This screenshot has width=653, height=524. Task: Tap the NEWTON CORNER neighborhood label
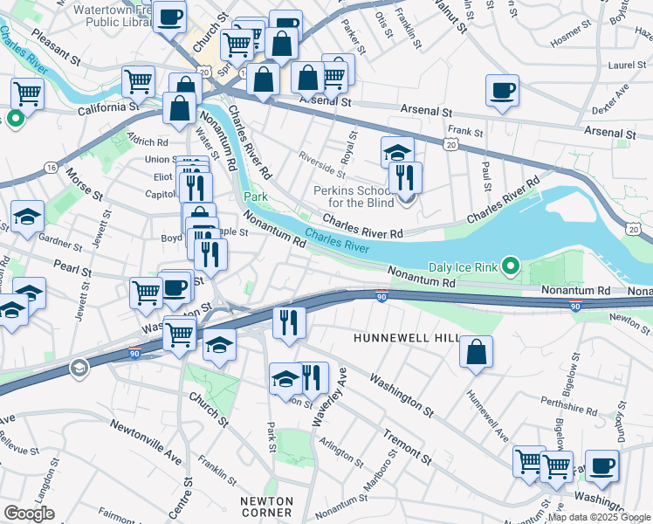click(x=268, y=507)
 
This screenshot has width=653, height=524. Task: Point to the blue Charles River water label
click(x=336, y=238)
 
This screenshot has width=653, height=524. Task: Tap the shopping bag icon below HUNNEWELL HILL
click(x=475, y=353)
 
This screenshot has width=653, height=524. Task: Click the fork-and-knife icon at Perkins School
click(x=405, y=177)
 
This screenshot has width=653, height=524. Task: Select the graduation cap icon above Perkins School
click(x=396, y=152)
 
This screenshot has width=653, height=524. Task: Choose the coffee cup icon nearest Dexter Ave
click(x=502, y=90)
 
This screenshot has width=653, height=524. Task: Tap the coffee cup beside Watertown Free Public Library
click(x=169, y=15)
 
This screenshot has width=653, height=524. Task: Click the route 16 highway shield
click(x=52, y=166)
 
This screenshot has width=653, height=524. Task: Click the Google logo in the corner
click(x=29, y=513)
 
